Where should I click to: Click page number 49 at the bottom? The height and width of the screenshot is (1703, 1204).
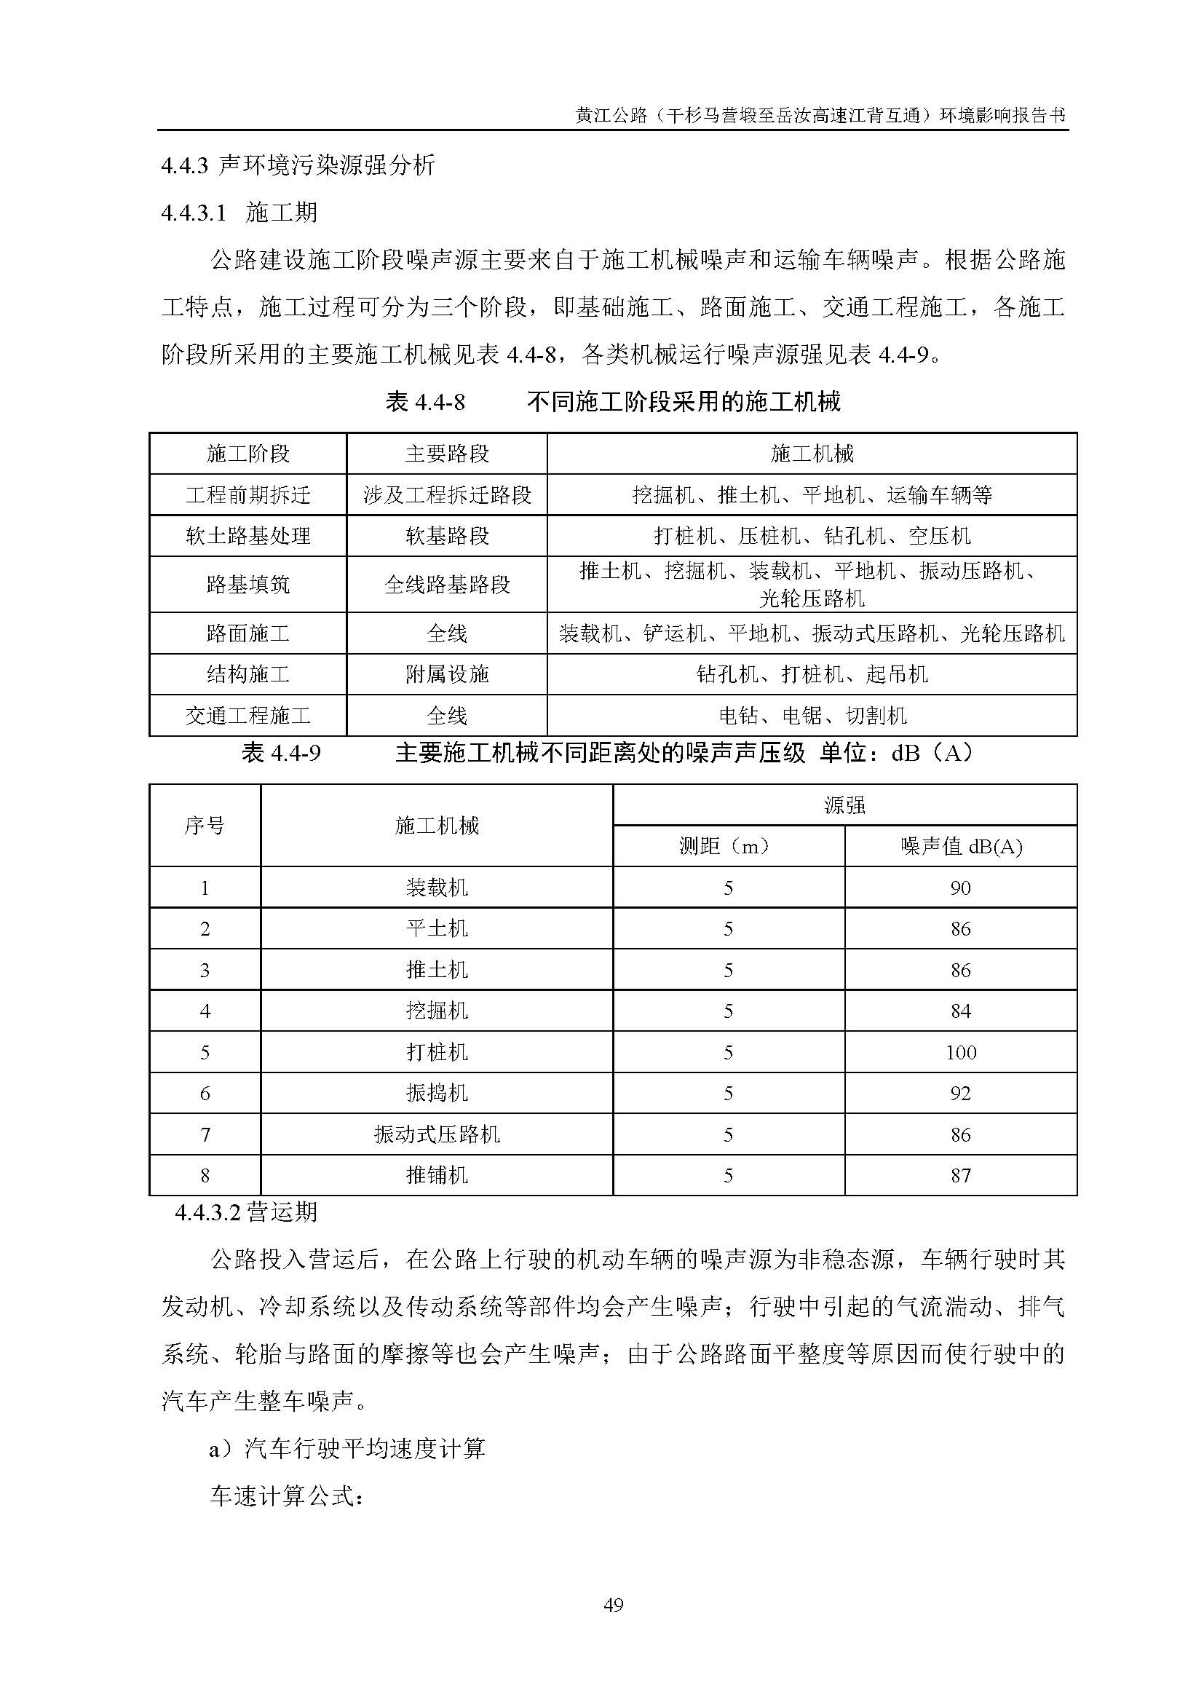tap(613, 1605)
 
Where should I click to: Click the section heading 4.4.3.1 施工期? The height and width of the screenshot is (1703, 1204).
tap(239, 213)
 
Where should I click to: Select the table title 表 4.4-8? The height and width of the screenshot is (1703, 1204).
tap(425, 403)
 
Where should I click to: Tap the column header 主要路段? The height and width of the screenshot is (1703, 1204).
tap(447, 454)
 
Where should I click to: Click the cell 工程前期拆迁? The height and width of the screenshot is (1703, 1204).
tap(247, 494)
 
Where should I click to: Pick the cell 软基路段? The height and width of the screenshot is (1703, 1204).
tap(447, 536)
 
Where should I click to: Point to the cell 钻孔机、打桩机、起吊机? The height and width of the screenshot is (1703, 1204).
tap(812, 674)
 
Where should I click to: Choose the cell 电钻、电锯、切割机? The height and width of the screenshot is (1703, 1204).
tap(812, 716)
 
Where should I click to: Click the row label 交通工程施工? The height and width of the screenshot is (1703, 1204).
tap(247, 716)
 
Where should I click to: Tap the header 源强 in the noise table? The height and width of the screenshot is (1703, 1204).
tap(844, 805)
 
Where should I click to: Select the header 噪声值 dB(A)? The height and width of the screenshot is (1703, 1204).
tap(961, 846)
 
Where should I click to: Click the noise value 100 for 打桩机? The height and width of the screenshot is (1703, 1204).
tap(961, 1053)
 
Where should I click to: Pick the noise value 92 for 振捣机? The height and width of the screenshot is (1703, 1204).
tap(961, 1094)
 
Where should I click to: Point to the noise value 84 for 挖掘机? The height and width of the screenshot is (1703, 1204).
tap(961, 1011)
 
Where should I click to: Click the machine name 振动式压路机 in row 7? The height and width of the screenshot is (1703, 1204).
tap(437, 1135)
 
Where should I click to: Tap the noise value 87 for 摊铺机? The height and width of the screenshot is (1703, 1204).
tap(961, 1176)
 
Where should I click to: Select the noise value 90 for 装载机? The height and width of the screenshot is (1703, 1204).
tap(961, 888)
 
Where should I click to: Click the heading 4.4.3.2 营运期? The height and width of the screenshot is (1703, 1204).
tap(247, 1212)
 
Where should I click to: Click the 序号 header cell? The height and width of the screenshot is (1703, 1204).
tap(205, 826)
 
